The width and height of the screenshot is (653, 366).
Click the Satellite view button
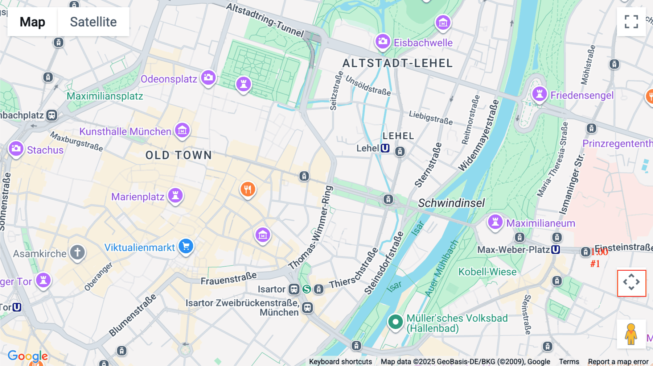coord(93,22)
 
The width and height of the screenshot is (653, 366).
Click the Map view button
coord(32,22)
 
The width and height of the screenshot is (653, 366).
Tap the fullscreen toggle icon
coord(631,22)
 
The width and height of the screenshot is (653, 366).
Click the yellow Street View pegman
coord(631,334)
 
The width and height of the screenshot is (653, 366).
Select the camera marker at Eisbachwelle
coord(382,41)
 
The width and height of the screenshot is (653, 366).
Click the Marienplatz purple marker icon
coord(176,196)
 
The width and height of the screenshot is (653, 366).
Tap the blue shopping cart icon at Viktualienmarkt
coord(186,246)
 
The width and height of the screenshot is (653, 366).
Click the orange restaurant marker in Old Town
coord(248,189)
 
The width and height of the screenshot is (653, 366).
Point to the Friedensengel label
coord(582,95)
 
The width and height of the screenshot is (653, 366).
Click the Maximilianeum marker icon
coord(495,222)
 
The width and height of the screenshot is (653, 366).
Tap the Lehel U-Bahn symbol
coord(385,148)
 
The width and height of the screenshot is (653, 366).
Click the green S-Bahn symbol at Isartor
coord(307,289)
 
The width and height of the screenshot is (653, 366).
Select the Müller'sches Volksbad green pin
coord(395,322)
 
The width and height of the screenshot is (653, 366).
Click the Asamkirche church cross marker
coord(77,252)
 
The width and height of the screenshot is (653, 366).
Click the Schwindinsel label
coord(451,203)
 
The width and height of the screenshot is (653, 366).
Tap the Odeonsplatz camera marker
coord(208,78)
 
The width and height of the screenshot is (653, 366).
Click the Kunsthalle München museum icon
coord(182,130)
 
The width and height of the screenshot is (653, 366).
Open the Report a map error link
coord(618,361)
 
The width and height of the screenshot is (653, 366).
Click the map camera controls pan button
coord(631,282)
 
